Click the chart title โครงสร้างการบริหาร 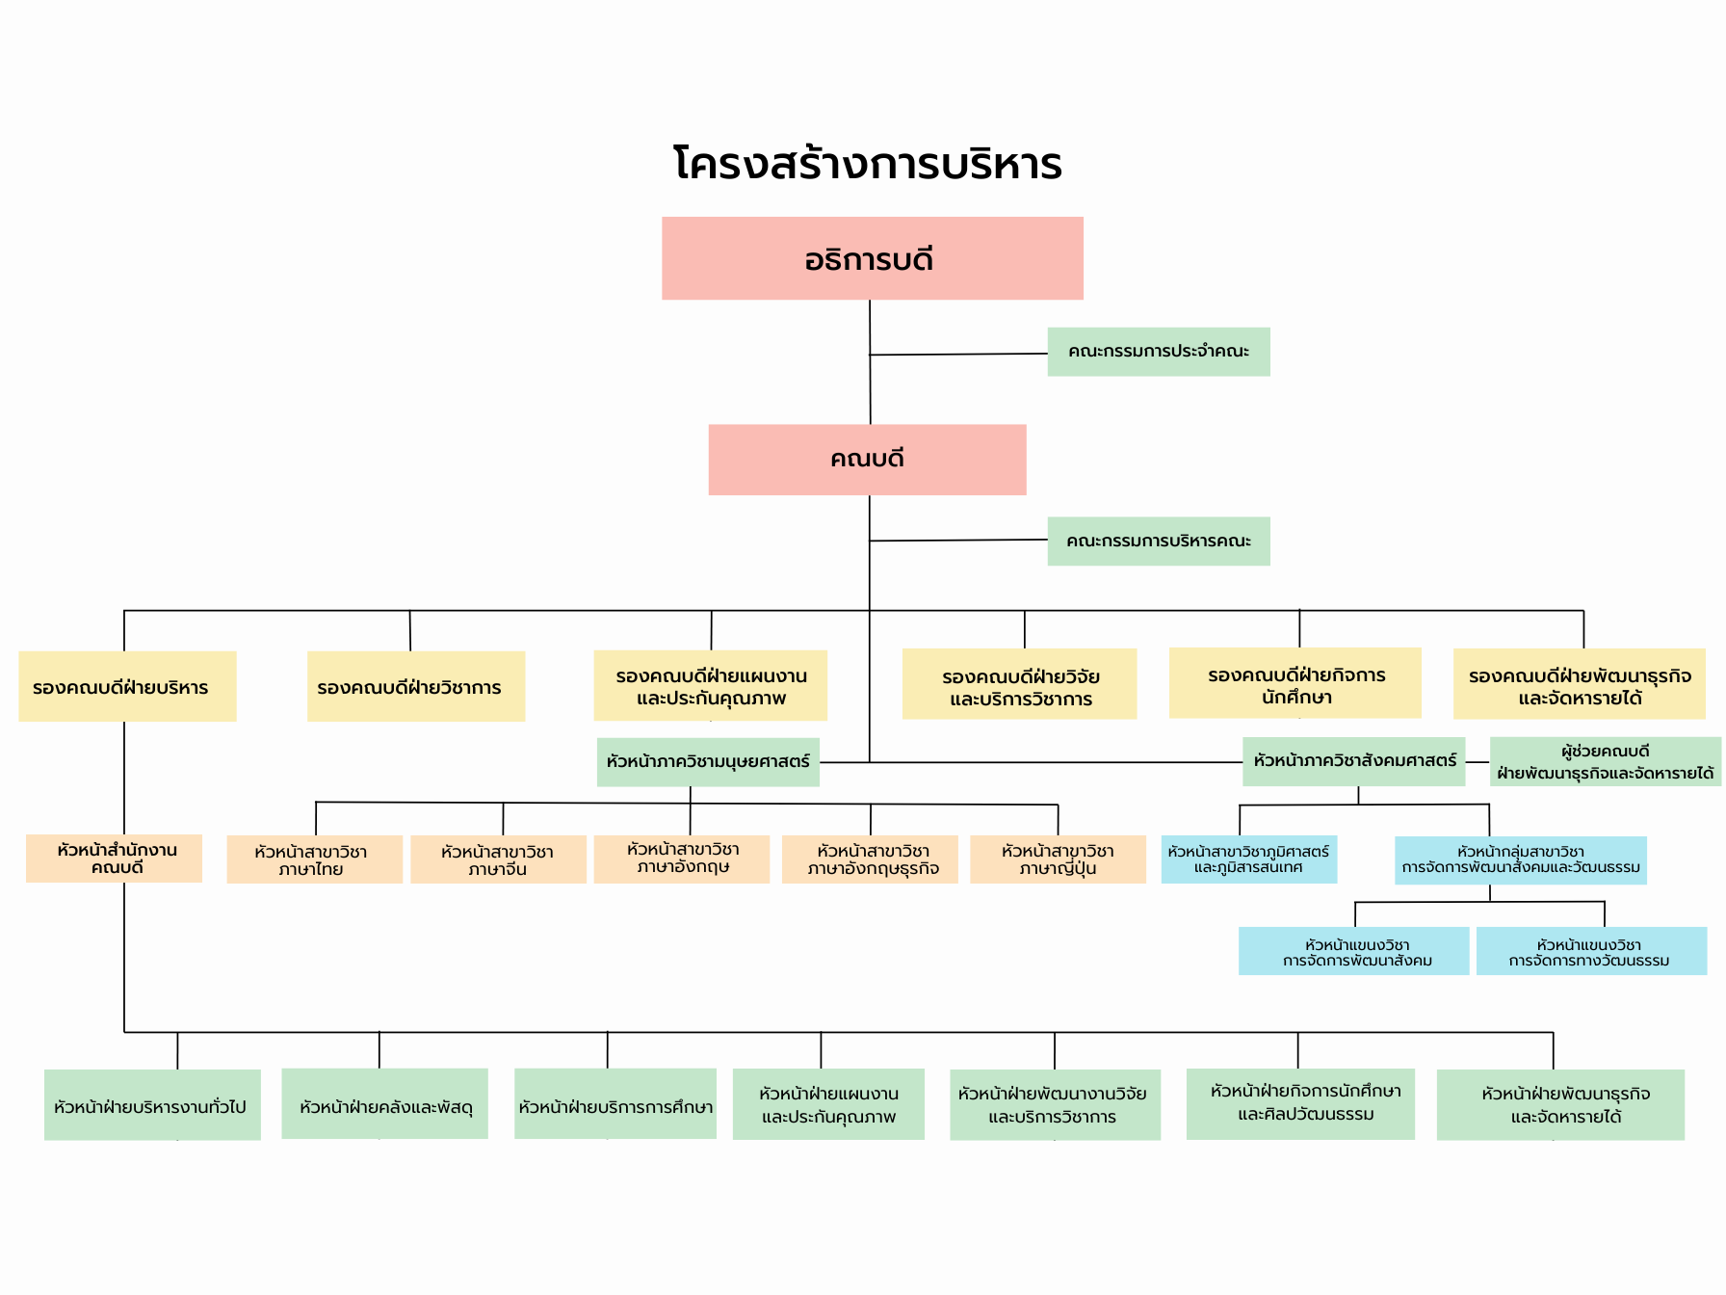867,164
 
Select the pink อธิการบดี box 872,258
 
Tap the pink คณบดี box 867,460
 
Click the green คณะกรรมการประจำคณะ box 1158,352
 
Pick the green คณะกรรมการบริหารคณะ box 1158,542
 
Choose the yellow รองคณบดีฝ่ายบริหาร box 127,686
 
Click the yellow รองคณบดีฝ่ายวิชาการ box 415,686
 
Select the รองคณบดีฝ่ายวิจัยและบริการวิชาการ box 1019,684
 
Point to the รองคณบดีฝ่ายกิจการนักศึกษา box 1294,683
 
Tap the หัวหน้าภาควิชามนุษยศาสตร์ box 708,762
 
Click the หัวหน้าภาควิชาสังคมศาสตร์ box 1353,761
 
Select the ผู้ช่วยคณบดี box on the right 1605,761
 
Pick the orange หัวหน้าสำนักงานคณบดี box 114,859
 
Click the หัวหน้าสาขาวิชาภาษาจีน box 498,859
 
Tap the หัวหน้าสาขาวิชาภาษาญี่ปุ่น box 1058,859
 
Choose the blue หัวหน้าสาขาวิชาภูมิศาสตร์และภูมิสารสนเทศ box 1248,859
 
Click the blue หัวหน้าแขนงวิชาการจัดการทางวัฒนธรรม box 1591,951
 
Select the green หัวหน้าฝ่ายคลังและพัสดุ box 384,1104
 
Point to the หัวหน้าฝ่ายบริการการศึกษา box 615,1104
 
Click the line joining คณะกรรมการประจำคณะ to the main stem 958,355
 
